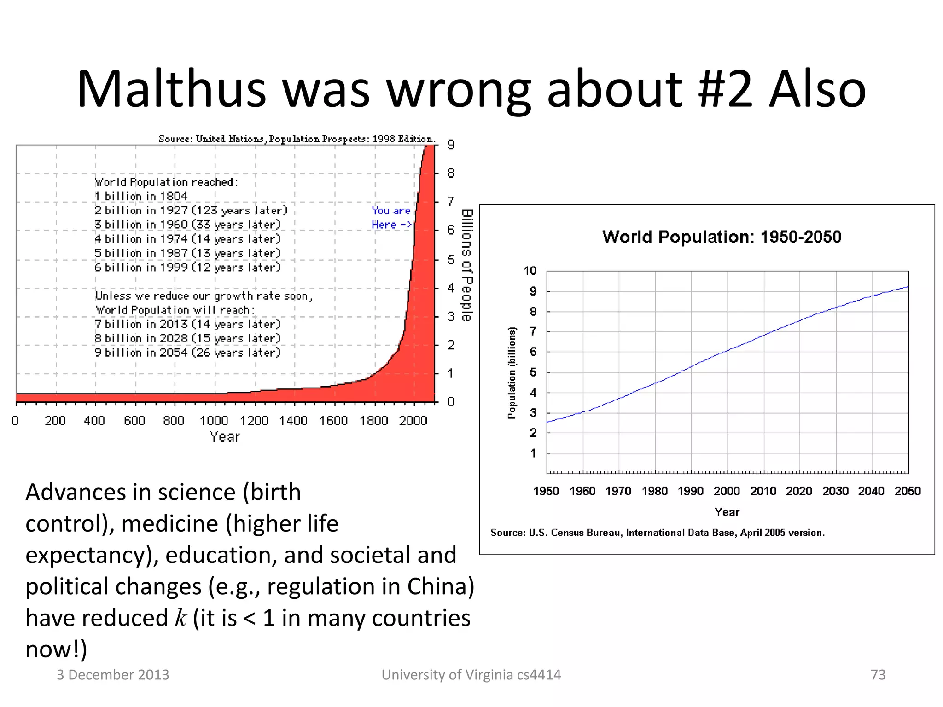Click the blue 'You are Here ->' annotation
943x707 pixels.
click(x=391, y=218)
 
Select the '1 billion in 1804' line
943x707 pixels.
click(x=141, y=197)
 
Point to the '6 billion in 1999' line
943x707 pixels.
click(x=187, y=267)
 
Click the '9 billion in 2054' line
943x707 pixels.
click(x=187, y=353)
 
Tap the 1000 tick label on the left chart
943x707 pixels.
click(x=214, y=421)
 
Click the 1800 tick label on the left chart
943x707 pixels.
click(x=373, y=421)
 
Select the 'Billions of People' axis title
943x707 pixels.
click(x=467, y=265)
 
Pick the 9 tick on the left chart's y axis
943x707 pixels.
click(x=451, y=145)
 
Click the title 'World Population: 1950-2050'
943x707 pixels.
click(x=722, y=237)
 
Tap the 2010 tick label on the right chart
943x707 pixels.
click(x=763, y=491)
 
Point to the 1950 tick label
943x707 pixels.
click(x=546, y=491)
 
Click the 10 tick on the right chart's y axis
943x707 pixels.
click(x=530, y=271)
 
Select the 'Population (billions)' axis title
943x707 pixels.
click(x=512, y=373)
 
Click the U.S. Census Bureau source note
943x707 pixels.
click(x=658, y=533)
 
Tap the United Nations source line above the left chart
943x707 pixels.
click(x=297, y=139)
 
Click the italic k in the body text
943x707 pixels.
click(x=180, y=618)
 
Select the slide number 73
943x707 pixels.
click(x=878, y=675)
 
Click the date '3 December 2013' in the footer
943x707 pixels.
click(x=113, y=675)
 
